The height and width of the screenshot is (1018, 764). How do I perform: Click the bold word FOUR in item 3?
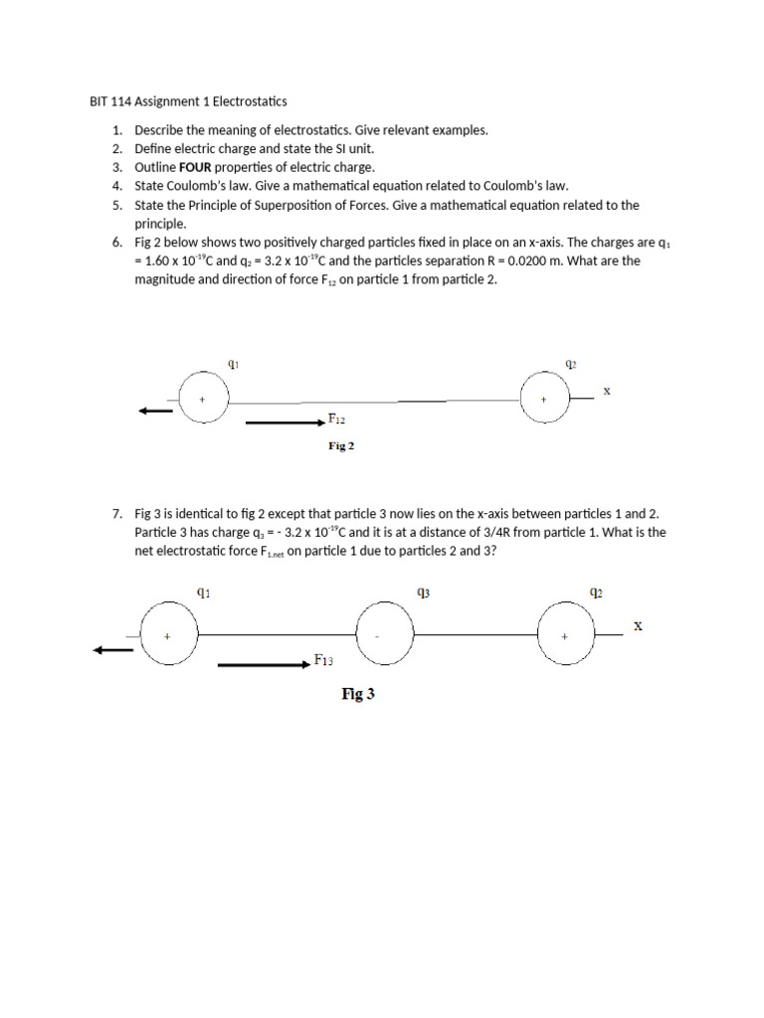click(194, 167)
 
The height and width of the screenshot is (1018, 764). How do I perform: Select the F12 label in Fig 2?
click(337, 421)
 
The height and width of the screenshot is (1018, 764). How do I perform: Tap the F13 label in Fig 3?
click(323, 659)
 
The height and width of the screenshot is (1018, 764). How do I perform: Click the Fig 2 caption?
click(341, 446)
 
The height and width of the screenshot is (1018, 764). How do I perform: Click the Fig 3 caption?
click(358, 695)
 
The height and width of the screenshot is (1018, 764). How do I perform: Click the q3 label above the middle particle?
click(423, 593)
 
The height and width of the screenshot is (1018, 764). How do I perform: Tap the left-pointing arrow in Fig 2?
click(156, 411)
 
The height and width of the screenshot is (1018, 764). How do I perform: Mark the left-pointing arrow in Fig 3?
click(112, 650)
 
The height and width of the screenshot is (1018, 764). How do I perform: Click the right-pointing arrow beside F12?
click(286, 423)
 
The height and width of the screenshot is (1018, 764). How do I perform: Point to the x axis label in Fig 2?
click(606, 391)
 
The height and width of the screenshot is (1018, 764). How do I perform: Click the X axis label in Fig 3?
click(638, 626)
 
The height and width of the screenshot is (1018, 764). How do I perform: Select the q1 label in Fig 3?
click(203, 593)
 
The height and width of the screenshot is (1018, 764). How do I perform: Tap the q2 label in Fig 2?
click(570, 364)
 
